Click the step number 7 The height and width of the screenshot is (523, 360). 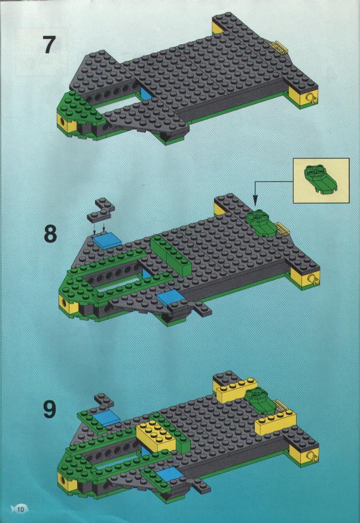point(49,45)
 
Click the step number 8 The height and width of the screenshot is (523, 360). point(50,234)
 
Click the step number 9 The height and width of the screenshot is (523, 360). point(50,409)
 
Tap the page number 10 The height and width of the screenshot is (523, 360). point(21,509)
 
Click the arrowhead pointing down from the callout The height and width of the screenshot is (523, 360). point(255,202)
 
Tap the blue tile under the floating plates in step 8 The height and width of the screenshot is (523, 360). point(106,241)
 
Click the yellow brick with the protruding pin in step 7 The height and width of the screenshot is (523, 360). point(304,98)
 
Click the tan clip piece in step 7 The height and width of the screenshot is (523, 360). point(279,47)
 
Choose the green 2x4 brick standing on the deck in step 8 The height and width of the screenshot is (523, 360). point(171,254)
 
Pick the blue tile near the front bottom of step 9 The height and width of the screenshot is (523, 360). point(169,476)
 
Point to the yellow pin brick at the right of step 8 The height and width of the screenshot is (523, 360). point(305,278)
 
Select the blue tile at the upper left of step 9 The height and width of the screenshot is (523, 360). point(107,418)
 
